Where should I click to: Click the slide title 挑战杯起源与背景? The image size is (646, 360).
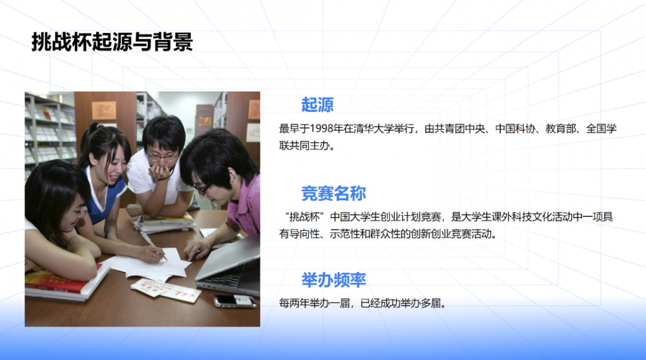point(112,42)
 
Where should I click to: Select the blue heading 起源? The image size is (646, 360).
point(317,105)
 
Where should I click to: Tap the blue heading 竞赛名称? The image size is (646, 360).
point(333,193)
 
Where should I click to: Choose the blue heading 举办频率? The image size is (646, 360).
point(333,280)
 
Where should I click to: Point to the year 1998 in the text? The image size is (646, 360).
point(322,129)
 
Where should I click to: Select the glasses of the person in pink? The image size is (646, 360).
point(202,189)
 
